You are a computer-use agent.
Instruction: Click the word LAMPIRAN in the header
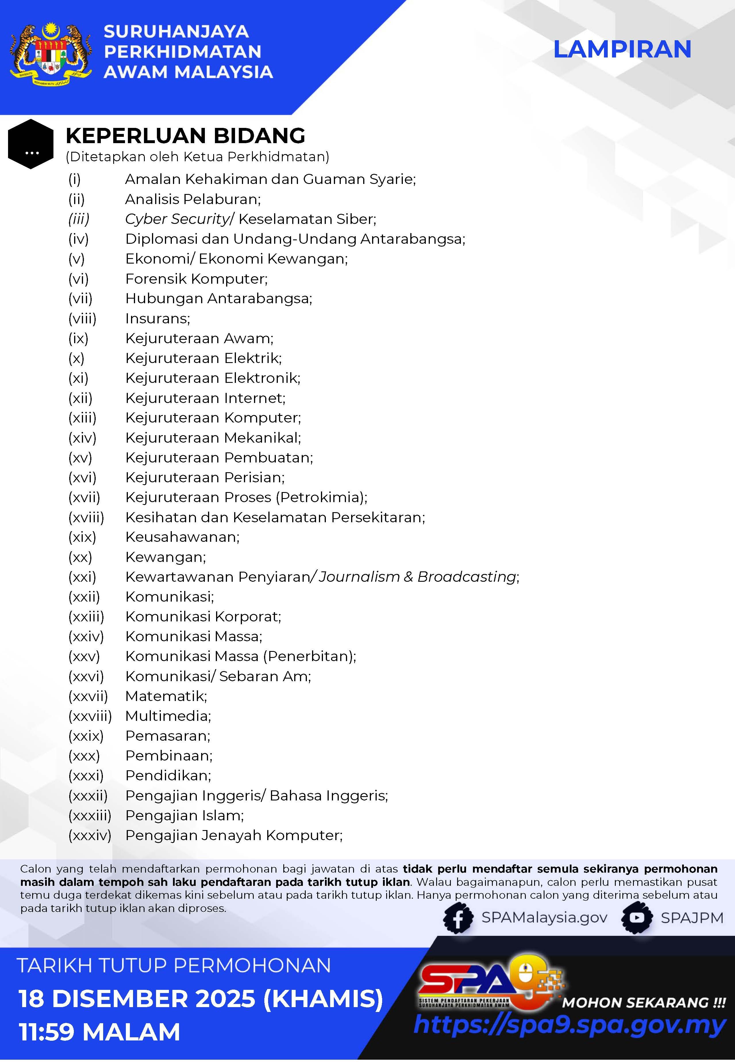coord(622,49)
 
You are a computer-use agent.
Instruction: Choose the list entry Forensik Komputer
coord(196,279)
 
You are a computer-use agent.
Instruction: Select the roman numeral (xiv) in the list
coord(82,437)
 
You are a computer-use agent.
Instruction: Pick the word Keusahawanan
coord(182,537)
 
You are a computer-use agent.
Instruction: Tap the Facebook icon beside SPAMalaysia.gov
coord(458,918)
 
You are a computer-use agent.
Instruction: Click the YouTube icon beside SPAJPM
coord(637,918)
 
